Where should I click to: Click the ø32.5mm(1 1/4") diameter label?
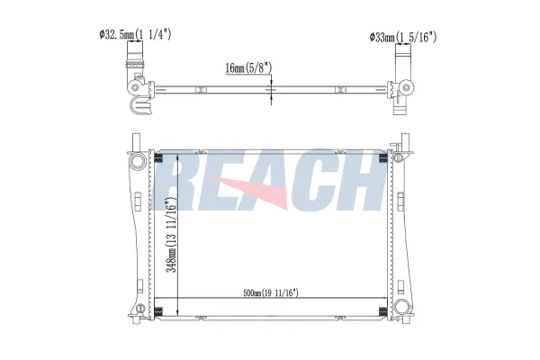pyautogui.click(x=135, y=34)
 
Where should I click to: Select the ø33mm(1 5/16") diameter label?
pyautogui.click(x=403, y=37)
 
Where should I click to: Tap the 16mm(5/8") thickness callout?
pyautogui.click(x=248, y=67)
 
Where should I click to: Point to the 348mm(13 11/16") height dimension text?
pyautogui.click(x=172, y=235)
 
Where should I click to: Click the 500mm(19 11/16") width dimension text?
pyautogui.click(x=271, y=292)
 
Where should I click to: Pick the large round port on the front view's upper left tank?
pyautogui.click(x=139, y=161)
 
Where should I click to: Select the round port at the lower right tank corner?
pyautogui.click(x=401, y=306)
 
